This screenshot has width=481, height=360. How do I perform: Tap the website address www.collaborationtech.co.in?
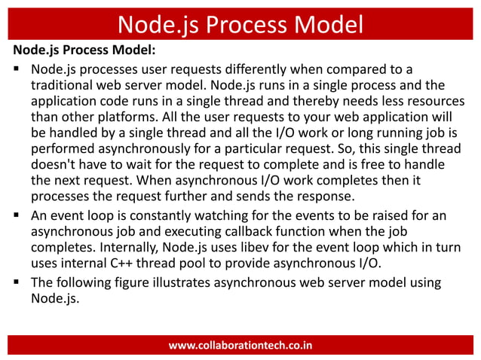240,346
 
